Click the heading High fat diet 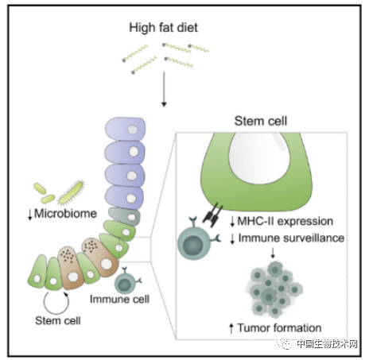tap(163, 28)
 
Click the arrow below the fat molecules tap(164, 89)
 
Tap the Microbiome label tap(65, 214)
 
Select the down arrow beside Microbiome tap(30, 215)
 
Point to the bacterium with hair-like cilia tap(71, 192)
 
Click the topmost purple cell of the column tap(126, 129)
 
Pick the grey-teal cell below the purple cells tap(125, 216)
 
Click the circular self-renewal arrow tap(56, 303)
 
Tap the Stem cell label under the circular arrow tap(58, 321)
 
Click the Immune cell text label tap(119, 300)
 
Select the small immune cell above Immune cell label tap(127, 281)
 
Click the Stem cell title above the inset tap(261, 121)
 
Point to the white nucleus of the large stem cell tap(259, 158)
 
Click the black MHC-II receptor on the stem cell tap(212, 215)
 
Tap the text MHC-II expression tap(285, 221)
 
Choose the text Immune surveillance tap(291, 238)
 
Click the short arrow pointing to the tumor tap(273, 253)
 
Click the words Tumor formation tap(279, 328)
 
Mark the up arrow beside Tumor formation tap(231, 328)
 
